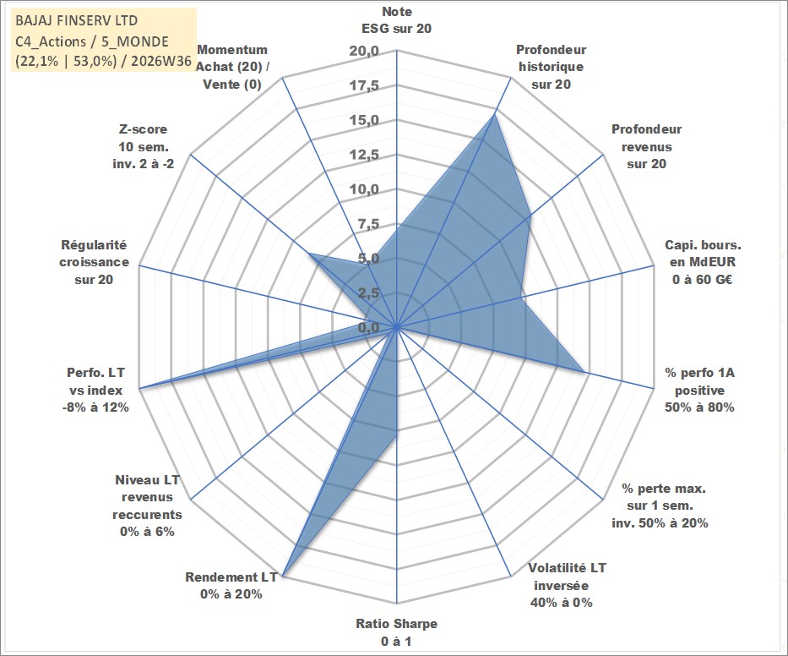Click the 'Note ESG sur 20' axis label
pos(396,20)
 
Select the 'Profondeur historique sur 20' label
pos(551,67)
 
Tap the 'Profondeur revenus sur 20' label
pos(646,146)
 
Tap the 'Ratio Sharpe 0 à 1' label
pos(396,632)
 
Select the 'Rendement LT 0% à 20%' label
pos(231,586)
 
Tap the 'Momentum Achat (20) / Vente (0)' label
pos(232,67)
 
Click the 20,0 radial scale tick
pos(364,52)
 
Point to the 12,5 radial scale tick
pos(364,155)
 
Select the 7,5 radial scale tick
pos(368,224)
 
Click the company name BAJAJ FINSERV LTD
pos(76,20)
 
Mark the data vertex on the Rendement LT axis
pos(283,576)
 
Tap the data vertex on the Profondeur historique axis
pos(494,115)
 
